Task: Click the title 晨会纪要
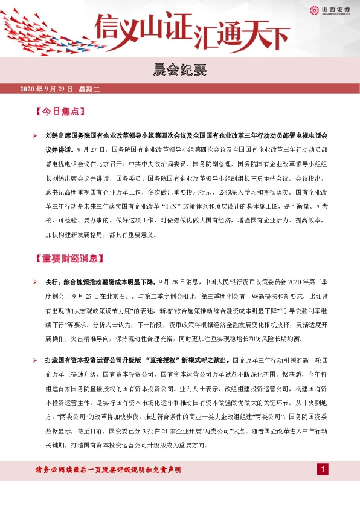click(x=179, y=70)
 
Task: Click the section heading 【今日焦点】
click(x=59, y=112)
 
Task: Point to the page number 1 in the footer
click(x=324, y=470)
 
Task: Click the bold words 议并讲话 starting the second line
click(x=59, y=148)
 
